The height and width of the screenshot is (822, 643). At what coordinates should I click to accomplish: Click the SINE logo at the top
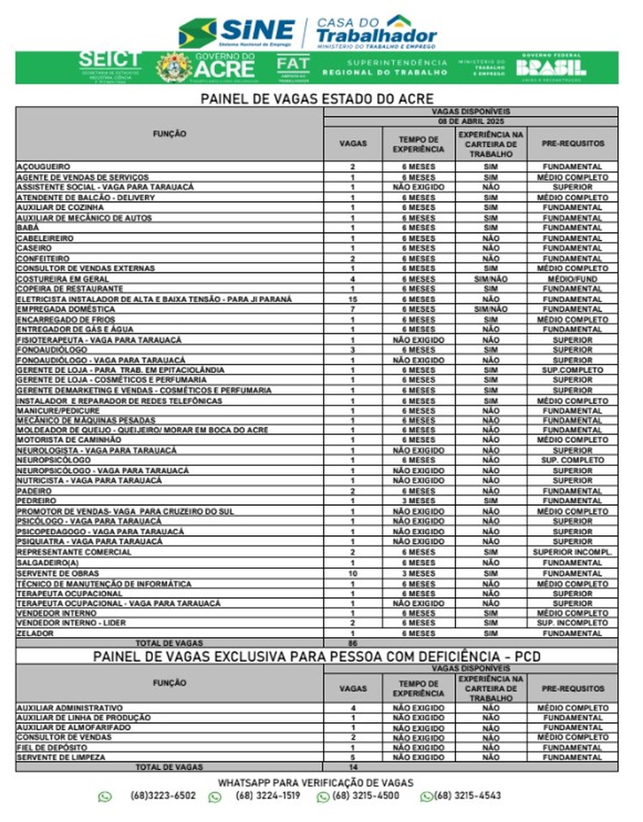(237, 32)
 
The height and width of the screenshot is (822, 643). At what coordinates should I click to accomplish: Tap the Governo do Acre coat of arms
(174, 67)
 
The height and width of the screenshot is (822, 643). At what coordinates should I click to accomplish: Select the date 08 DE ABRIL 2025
(470, 122)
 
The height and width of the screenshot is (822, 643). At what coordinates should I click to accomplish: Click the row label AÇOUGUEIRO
(44, 167)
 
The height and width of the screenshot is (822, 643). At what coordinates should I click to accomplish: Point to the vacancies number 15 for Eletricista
(353, 299)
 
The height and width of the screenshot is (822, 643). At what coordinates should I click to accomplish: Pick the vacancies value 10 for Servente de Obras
(353, 573)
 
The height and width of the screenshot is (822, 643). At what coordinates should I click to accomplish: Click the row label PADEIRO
(35, 491)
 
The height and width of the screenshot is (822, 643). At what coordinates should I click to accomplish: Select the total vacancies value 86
(353, 644)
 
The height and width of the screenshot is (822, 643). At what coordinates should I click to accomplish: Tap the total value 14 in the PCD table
(353, 767)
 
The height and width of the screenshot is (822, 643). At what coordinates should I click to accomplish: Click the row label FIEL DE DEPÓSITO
(52, 748)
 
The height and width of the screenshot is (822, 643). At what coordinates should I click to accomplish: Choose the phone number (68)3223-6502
(163, 796)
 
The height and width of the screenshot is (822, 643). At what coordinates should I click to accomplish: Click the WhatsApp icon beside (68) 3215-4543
(427, 797)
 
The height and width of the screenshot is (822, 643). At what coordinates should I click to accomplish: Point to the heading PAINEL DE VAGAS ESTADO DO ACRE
(317, 99)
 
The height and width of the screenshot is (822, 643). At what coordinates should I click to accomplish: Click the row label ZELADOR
(36, 633)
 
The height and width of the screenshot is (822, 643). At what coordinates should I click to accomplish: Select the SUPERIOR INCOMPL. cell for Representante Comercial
(572, 552)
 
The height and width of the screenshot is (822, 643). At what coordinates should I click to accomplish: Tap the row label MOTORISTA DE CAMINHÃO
(69, 440)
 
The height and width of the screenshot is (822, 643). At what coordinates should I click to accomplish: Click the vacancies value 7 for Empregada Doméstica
(353, 309)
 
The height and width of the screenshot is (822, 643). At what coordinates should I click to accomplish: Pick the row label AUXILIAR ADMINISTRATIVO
(70, 708)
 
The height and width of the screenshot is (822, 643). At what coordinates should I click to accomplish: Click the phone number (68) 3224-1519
(268, 796)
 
